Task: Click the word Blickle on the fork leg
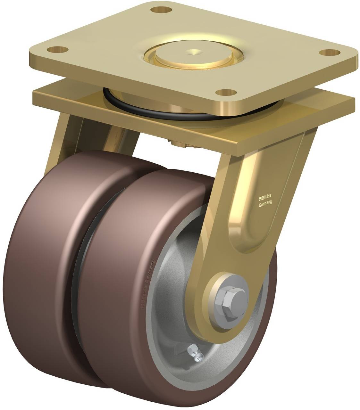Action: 267,197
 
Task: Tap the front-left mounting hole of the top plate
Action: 58,50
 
